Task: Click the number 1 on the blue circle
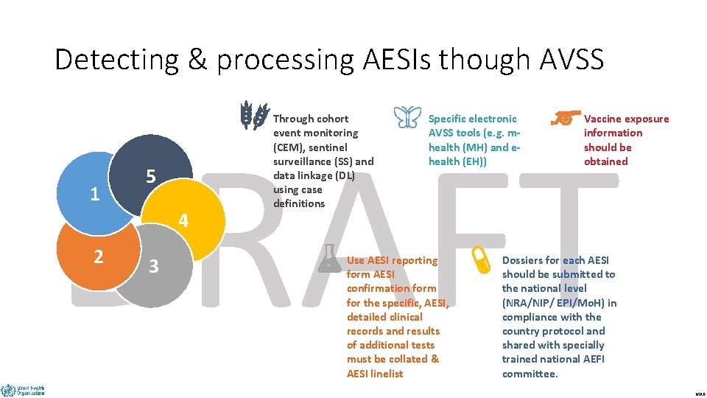[x=94, y=195]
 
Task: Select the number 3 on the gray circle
[x=153, y=266]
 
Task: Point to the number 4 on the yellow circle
[x=183, y=220]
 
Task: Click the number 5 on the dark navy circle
[x=150, y=177]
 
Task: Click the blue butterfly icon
[x=407, y=116]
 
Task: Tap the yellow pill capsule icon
[x=482, y=259]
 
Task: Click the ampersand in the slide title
[x=197, y=60]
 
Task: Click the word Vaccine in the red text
[x=605, y=119]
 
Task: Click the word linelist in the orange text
[x=386, y=374]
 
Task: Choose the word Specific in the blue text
[x=450, y=119]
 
